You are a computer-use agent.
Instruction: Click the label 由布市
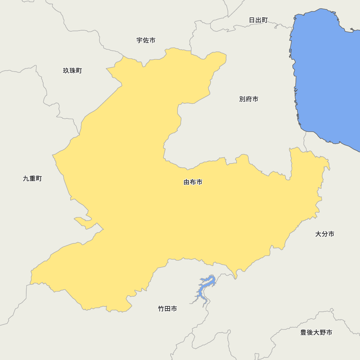click(193, 182)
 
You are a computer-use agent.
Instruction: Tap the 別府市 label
click(249, 99)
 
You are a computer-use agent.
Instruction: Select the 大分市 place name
click(325, 234)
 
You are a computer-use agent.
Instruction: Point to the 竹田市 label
click(167, 309)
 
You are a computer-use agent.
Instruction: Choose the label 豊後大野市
click(316, 332)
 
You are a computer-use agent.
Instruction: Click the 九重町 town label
click(32, 179)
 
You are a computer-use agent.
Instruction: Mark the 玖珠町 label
click(72, 71)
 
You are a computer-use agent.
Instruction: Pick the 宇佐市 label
click(146, 40)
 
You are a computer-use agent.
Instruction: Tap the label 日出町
click(258, 20)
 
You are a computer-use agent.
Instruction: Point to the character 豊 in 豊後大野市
click(303, 332)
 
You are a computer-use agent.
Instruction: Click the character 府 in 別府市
click(249, 99)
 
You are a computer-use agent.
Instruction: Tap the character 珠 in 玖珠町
click(72, 71)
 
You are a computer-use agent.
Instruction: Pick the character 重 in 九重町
click(32, 179)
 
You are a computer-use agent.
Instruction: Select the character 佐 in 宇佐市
click(146, 40)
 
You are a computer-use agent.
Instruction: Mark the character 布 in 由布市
click(193, 182)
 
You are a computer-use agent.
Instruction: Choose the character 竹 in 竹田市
click(161, 309)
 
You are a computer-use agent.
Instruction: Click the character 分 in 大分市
click(325, 234)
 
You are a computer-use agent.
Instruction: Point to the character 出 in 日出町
click(258, 20)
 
